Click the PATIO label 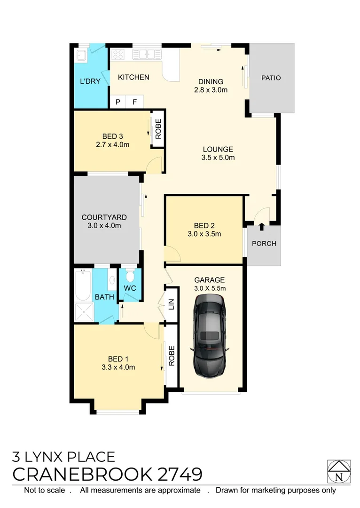tap(271, 78)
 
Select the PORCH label tap(264, 244)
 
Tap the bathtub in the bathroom tap(83, 285)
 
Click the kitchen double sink tap(147, 55)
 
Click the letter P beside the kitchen tap(118, 102)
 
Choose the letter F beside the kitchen tap(134, 102)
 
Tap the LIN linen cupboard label tap(172, 304)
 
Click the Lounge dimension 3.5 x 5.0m tap(218, 158)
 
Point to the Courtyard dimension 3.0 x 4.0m tap(104, 225)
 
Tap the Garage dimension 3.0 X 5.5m tap(210, 288)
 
